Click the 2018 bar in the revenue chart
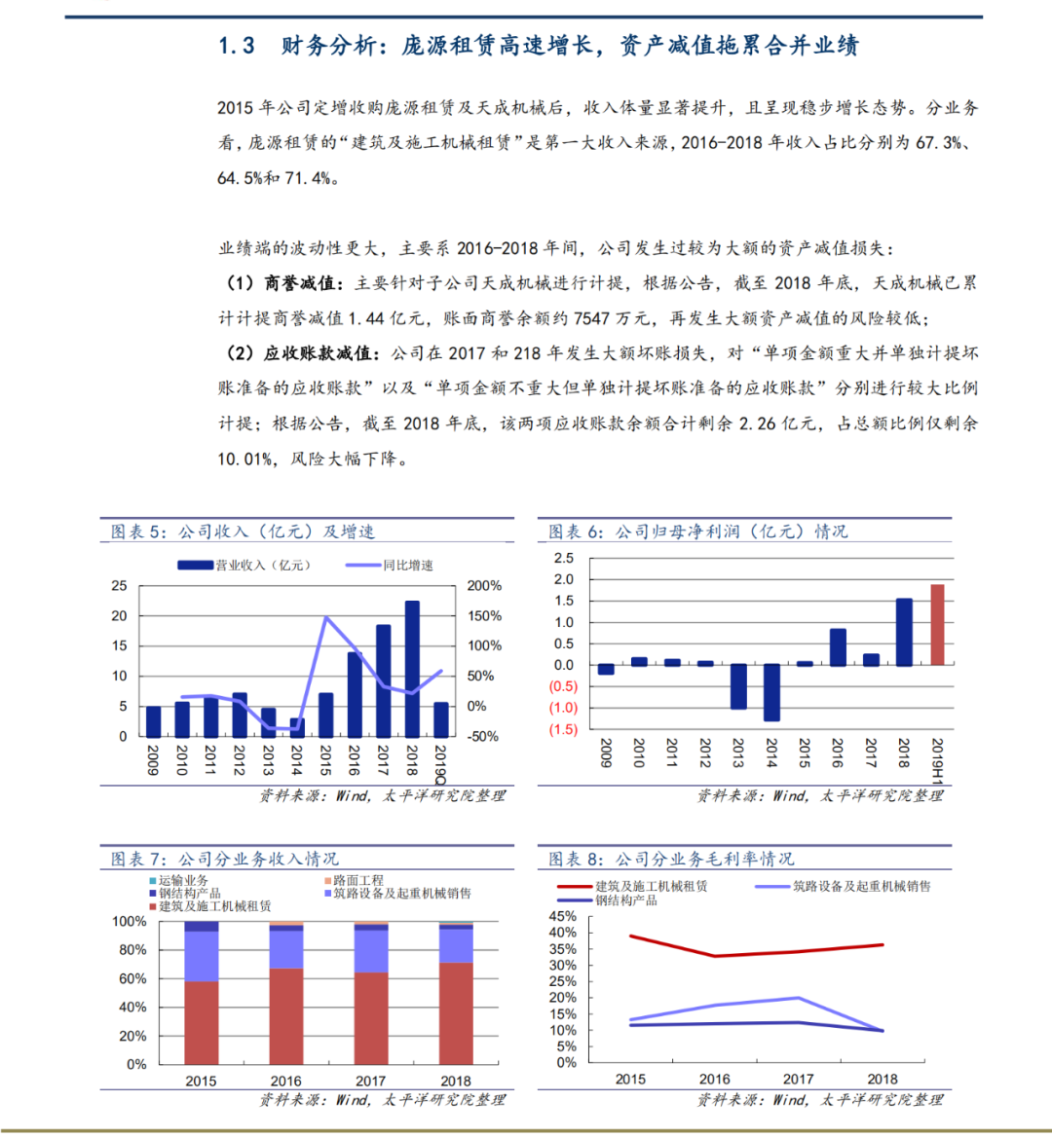point(412,669)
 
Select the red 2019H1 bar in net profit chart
point(937,625)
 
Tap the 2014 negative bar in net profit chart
point(771,693)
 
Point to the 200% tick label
point(484,586)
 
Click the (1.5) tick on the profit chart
point(564,730)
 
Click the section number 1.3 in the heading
point(237,46)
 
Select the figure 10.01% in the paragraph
point(245,459)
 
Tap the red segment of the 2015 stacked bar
point(201,1022)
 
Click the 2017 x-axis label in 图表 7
point(370,1081)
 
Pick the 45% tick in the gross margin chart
point(564,917)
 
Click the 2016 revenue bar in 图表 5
point(355,694)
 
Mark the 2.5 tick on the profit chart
point(564,559)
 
